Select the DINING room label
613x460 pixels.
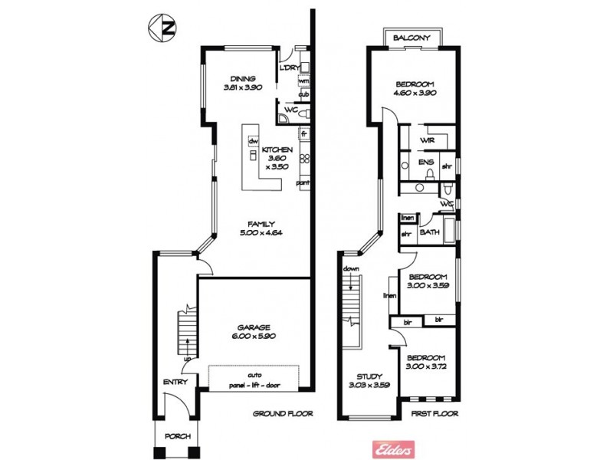pyautogui.click(x=243, y=78)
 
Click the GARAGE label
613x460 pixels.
pyautogui.click(x=254, y=327)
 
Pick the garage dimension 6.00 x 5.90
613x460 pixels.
pyautogui.click(x=254, y=337)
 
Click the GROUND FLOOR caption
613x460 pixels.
pyautogui.click(x=284, y=413)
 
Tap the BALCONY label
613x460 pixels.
pyautogui.click(x=411, y=38)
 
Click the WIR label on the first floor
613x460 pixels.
pyautogui.click(x=428, y=141)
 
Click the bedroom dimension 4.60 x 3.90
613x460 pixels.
pyautogui.click(x=415, y=93)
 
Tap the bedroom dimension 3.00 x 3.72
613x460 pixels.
pyautogui.click(x=426, y=367)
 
